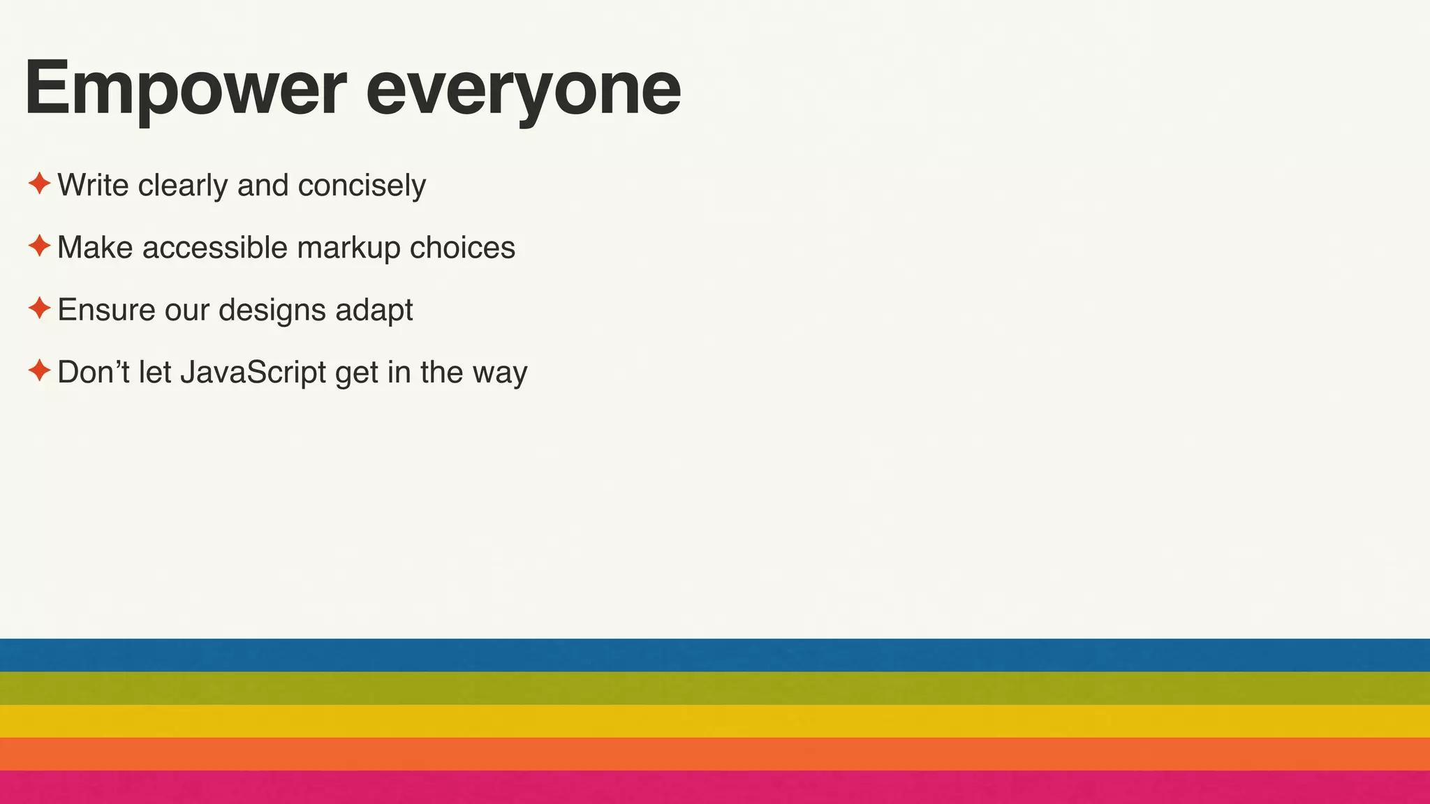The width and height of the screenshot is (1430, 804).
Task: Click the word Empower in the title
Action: pos(185,89)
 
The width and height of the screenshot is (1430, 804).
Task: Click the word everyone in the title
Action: pos(523,89)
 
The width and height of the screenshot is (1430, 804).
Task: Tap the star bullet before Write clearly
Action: pos(40,184)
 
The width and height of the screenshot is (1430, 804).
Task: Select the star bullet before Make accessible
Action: pos(40,246)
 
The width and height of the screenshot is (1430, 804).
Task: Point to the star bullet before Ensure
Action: pos(40,308)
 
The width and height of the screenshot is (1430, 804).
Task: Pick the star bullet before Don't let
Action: pos(40,371)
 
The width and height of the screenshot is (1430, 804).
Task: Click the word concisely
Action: pos(362,186)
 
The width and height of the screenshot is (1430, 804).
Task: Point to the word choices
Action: pos(462,248)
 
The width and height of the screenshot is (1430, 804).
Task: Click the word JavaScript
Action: pos(253,373)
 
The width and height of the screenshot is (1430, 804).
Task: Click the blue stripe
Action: pos(715,655)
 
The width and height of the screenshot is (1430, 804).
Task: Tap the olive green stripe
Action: pos(715,688)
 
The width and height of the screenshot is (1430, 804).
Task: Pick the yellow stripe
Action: pos(715,721)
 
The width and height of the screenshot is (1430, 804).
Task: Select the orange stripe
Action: pos(715,754)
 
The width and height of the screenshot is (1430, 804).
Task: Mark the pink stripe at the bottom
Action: pos(715,787)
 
